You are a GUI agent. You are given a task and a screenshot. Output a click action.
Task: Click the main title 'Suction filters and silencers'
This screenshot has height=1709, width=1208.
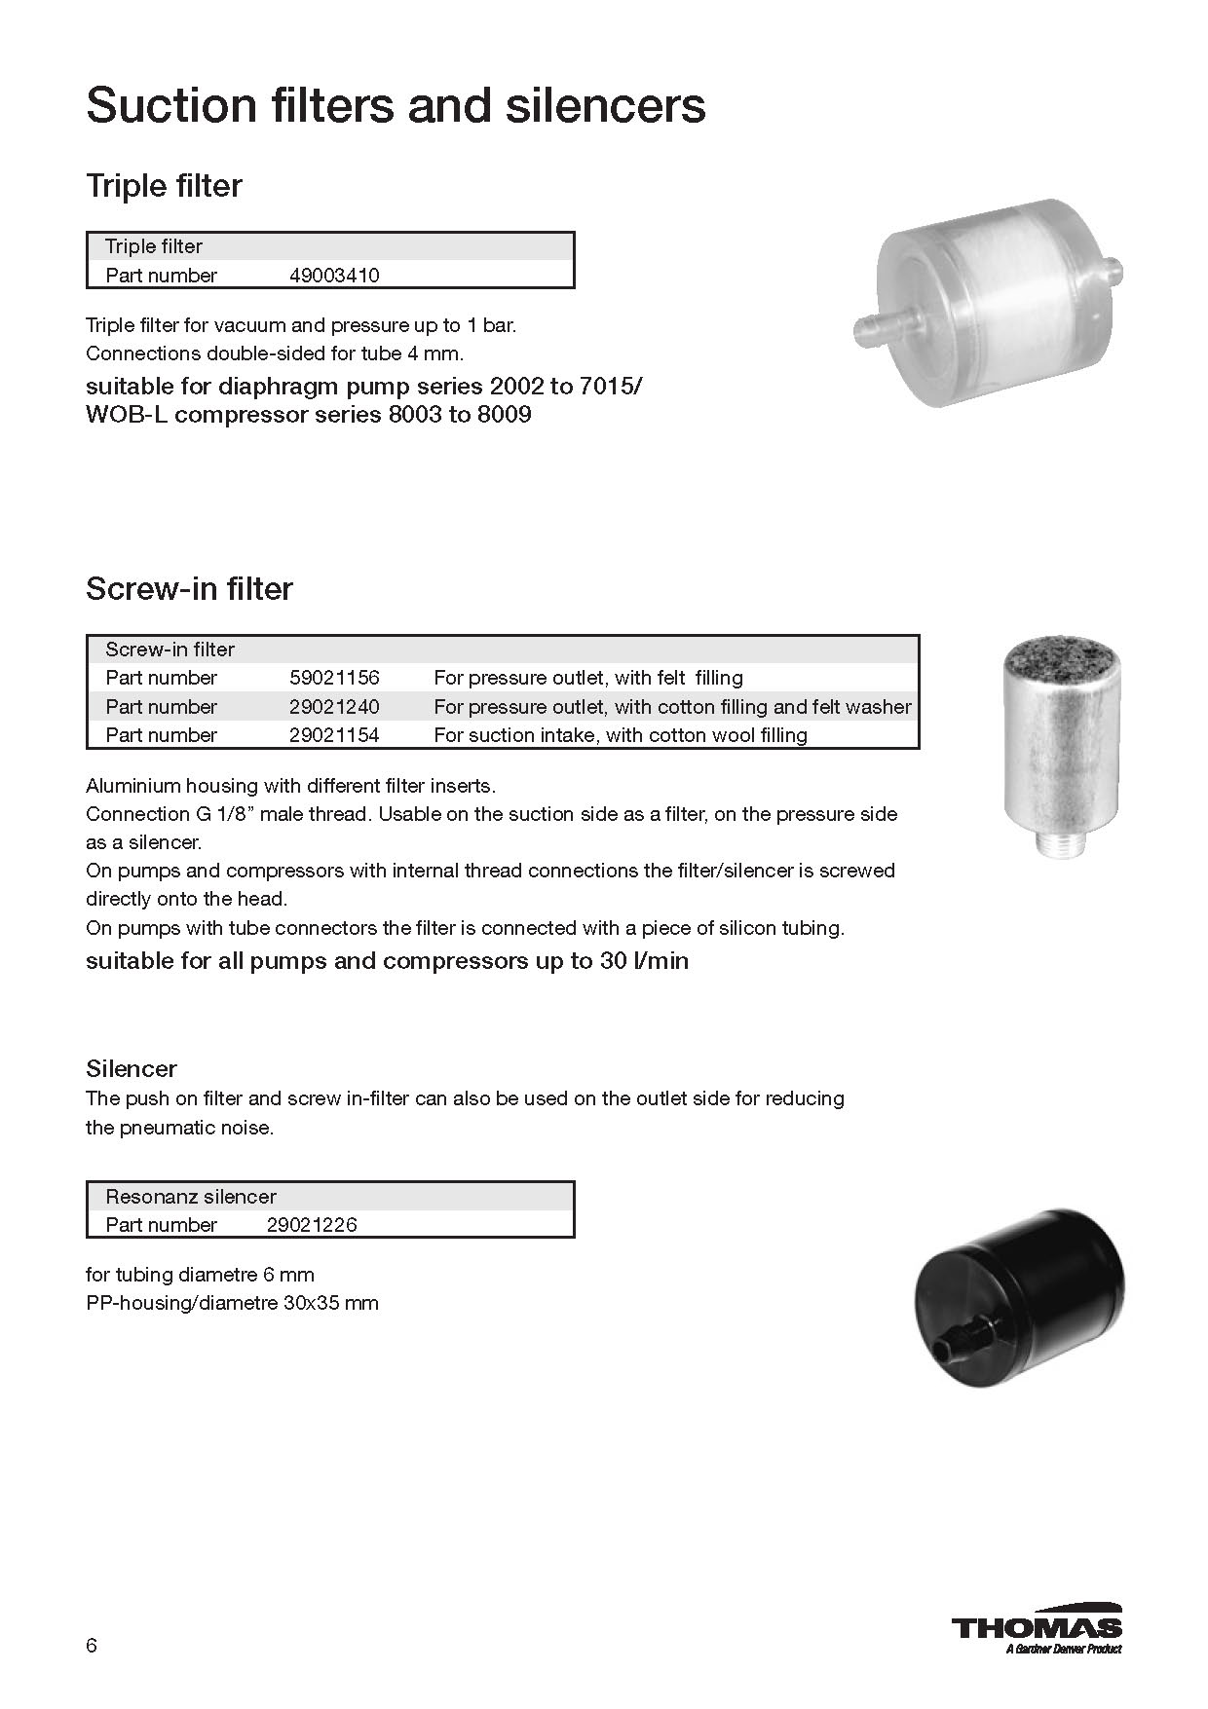(x=396, y=105)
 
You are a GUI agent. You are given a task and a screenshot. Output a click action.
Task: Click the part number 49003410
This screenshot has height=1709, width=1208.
(x=334, y=276)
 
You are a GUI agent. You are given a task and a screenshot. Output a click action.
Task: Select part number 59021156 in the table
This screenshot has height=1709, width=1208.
(x=334, y=678)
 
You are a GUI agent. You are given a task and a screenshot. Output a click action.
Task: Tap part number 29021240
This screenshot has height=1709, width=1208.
(x=334, y=707)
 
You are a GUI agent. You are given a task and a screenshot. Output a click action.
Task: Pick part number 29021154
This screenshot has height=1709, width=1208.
(x=334, y=735)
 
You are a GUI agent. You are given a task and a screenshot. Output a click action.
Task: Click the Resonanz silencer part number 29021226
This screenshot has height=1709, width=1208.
(x=312, y=1225)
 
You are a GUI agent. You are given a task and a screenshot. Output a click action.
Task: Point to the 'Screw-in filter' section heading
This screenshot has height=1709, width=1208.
(x=189, y=589)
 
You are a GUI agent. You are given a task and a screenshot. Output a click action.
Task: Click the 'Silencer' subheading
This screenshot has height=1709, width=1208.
(x=132, y=1069)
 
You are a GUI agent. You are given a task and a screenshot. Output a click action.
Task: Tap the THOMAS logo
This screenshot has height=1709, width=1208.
(x=1037, y=1627)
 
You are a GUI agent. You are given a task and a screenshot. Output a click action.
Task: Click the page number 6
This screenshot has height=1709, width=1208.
(x=92, y=1646)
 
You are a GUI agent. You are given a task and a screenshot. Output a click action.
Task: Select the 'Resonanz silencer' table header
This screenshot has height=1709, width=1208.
(x=191, y=1197)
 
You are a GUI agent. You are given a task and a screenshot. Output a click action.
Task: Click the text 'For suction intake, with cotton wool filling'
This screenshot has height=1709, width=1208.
(x=621, y=735)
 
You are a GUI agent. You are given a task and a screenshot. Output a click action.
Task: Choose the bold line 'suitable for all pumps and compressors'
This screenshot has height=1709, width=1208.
(x=387, y=961)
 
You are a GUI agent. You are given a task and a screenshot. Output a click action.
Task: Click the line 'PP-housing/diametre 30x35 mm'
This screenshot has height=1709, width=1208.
(x=232, y=1303)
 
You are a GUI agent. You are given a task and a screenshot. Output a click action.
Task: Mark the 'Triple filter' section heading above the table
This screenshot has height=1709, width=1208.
(x=164, y=186)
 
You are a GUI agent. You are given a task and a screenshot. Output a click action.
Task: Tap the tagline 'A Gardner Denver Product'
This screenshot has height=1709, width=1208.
(x=1063, y=1649)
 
